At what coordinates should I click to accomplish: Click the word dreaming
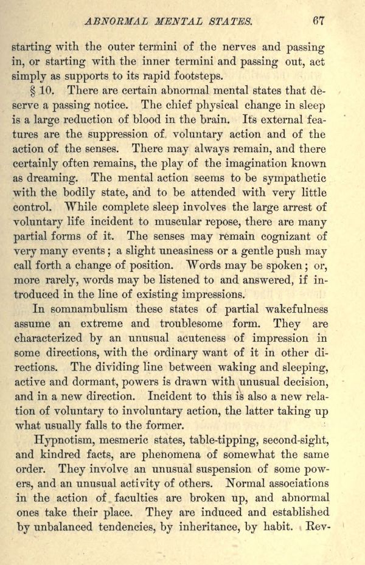(x=54, y=178)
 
